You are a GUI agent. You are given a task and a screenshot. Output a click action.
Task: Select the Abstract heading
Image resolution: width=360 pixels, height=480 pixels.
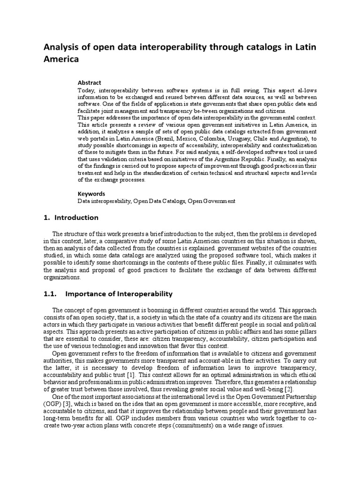click(89, 82)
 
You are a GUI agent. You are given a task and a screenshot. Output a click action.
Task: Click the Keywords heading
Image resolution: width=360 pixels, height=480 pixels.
click(91, 193)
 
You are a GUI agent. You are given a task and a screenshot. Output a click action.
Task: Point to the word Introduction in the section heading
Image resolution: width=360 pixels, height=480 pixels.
click(76, 217)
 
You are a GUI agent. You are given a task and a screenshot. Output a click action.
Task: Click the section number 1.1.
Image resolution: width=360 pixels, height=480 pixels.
click(49, 294)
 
